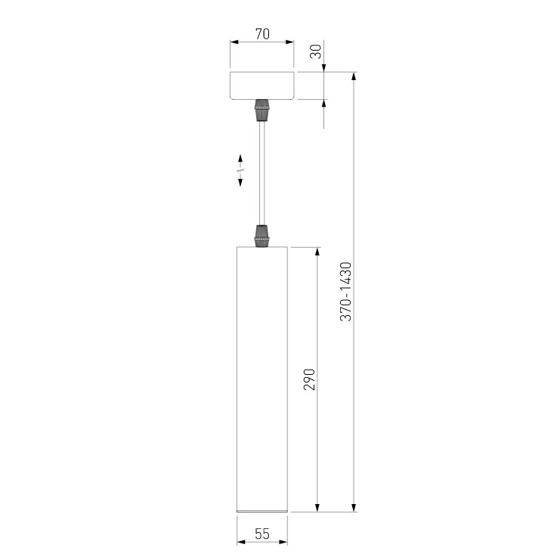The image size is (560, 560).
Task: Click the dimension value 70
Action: point(262,34)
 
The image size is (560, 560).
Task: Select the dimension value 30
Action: point(315,51)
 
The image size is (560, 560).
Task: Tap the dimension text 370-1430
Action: point(345,292)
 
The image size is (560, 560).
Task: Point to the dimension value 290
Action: point(309,379)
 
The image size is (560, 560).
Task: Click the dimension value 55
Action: point(262,534)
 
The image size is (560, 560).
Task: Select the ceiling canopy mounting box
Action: point(262,85)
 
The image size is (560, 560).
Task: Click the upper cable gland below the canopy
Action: point(262,110)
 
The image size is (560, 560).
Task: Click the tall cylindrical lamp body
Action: point(262,378)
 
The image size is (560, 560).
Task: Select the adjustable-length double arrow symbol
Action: point(240,172)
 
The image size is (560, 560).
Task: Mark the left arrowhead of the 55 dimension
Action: point(241,542)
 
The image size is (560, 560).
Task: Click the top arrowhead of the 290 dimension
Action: point(317,252)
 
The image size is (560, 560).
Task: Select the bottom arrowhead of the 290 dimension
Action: point(317,506)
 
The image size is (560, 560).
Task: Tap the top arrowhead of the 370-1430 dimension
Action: point(354,78)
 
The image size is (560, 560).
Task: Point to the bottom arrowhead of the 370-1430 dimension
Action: point(354,506)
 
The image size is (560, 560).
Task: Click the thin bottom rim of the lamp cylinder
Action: point(262,511)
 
